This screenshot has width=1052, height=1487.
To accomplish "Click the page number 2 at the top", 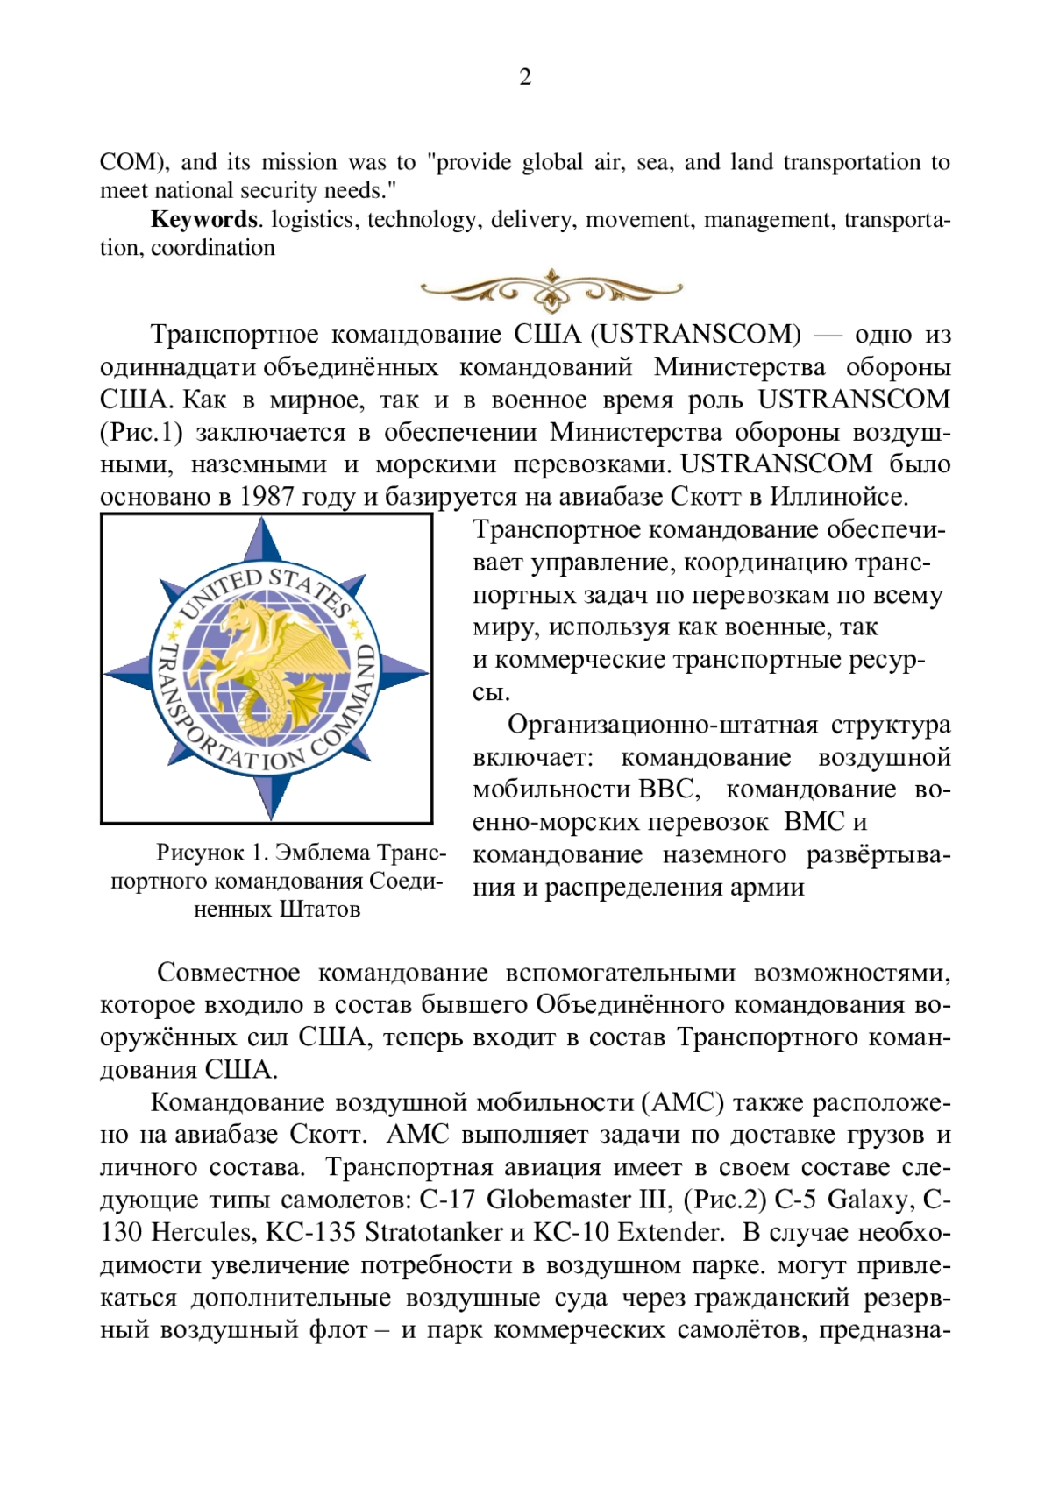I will (x=525, y=78).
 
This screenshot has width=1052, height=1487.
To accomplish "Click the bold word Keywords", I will (x=204, y=219).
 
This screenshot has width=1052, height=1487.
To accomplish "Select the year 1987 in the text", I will (x=267, y=497).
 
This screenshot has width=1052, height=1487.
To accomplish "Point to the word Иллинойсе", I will (x=837, y=497).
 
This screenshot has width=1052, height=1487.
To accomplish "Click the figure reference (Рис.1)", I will (x=141, y=432).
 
